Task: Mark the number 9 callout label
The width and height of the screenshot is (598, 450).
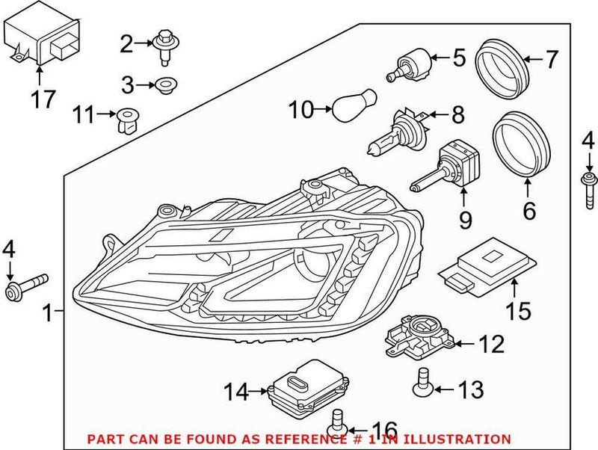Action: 464,219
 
